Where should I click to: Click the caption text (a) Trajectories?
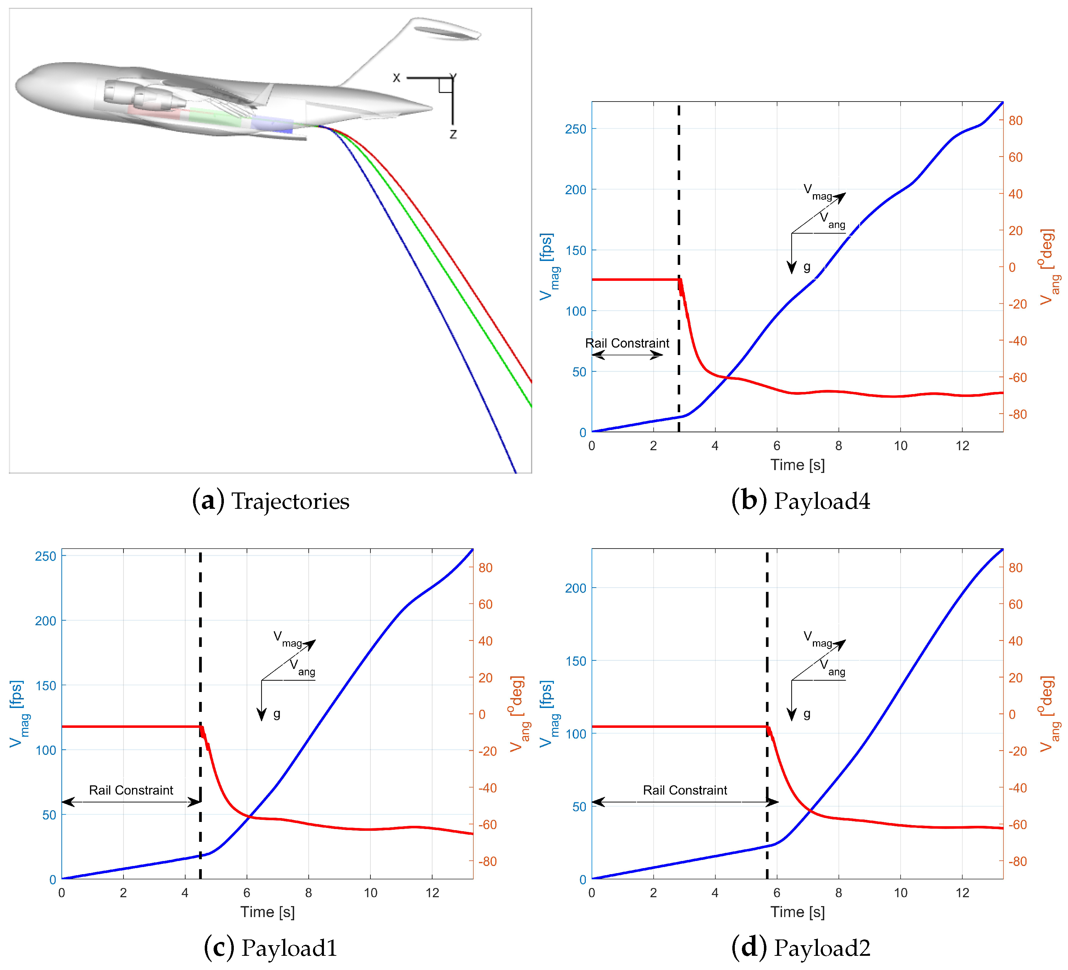pos(271,501)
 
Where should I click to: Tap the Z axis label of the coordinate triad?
pos(453,134)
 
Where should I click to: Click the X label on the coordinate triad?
pos(396,78)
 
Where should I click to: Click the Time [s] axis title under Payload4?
pos(797,465)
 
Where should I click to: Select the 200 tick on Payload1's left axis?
pos(45,621)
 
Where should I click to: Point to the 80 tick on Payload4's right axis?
pos(1015,120)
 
